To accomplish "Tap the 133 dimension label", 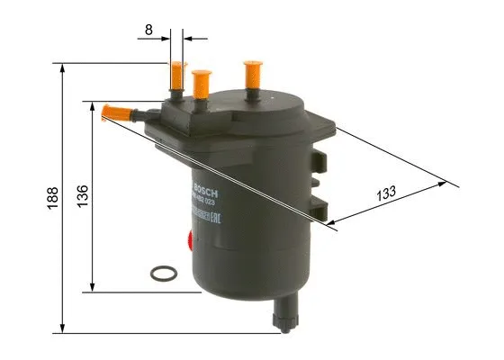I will point(386,193).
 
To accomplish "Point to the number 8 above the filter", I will point(148,29).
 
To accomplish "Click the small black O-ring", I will point(163,272).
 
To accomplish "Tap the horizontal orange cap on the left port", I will point(115,112).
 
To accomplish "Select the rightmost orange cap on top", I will point(252,75).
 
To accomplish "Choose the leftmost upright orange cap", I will point(178,78).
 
